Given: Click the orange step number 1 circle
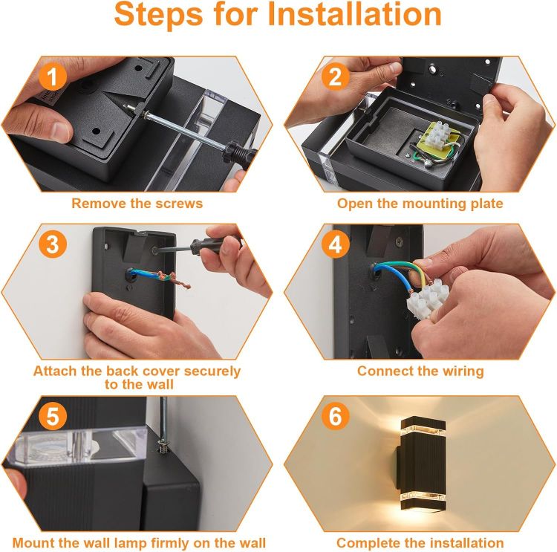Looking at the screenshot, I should (52, 77).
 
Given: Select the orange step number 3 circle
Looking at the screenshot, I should (52, 245).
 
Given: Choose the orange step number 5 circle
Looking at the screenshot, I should (52, 417).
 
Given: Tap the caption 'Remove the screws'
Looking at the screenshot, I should (137, 203).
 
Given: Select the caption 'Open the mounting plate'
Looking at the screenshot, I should (420, 203).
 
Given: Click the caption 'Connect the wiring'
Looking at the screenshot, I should (420, 371).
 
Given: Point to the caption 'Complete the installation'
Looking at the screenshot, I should (420, 543).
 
